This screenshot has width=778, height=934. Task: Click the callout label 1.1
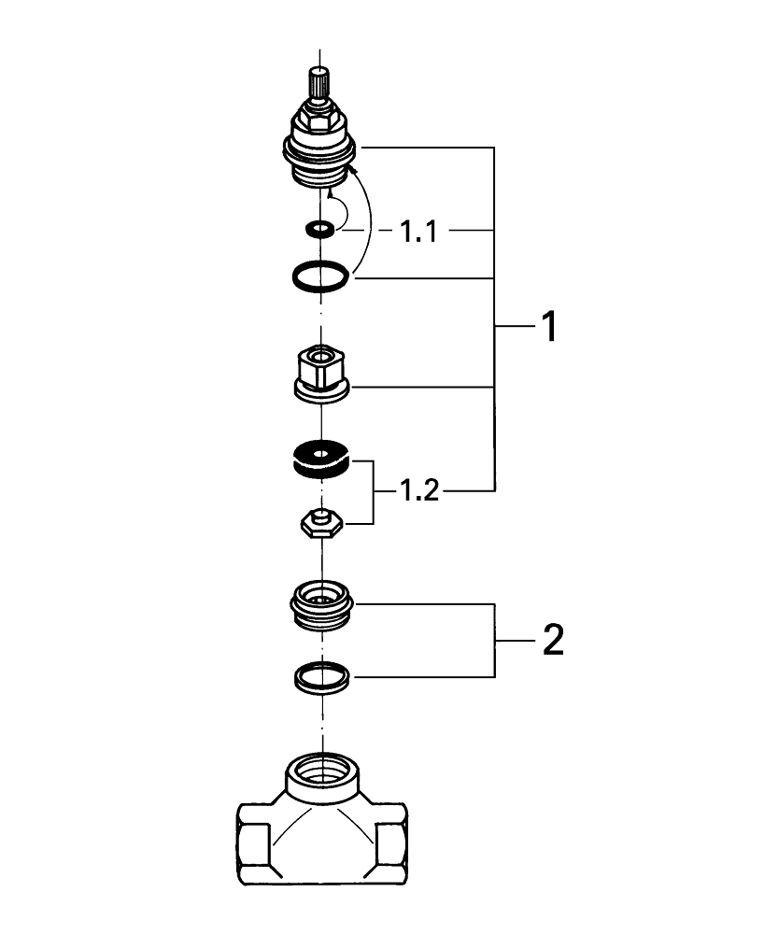(x=419, y=231)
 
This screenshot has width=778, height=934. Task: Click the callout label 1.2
(x=419, y=489)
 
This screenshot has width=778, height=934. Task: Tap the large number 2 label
(x=551, y=641)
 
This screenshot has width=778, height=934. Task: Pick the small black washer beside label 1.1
(x=321, y=228)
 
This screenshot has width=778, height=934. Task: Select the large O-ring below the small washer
(x=320, y=276)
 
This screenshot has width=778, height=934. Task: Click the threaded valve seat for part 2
(x=321, y=602)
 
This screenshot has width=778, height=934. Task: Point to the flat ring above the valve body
(x=321, y=677)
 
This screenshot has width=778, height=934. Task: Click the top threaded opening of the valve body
(x=321, y=772)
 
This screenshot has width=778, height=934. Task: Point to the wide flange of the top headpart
(x=321, y=149)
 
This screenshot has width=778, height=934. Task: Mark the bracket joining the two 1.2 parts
(x=374, y=490)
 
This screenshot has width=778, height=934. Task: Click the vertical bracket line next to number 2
(x=495, y=641)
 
